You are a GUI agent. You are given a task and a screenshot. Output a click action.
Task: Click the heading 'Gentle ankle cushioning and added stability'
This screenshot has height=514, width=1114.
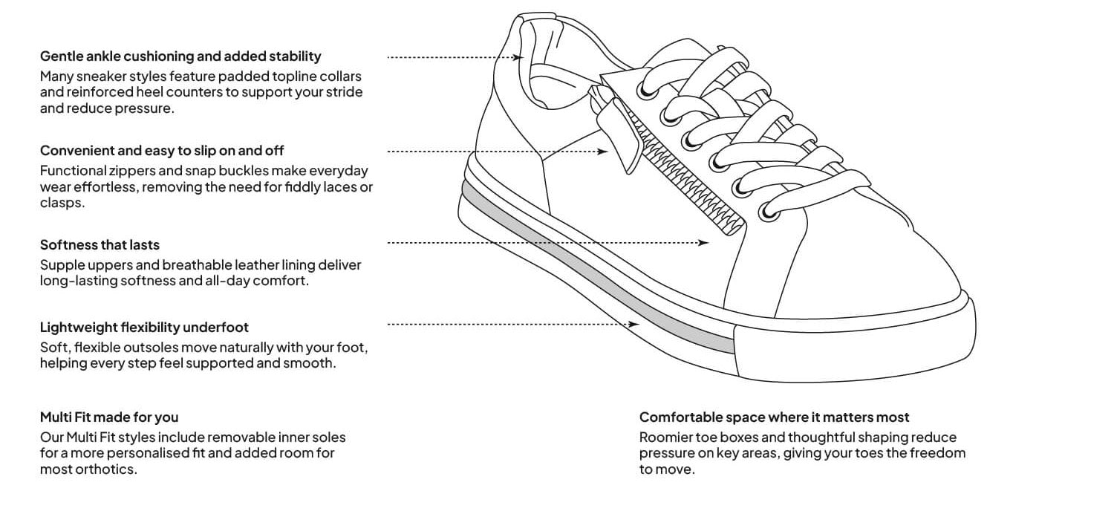coord(180,56)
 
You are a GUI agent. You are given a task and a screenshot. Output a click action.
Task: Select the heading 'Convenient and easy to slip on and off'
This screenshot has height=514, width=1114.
coord(162,150)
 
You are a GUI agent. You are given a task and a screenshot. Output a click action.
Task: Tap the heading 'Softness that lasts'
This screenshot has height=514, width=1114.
coord(100,245)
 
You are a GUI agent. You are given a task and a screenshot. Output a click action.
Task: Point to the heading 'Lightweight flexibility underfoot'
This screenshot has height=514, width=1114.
coord(144,328)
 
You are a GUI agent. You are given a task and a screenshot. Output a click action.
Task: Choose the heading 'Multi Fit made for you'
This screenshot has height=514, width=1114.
coord(109,417)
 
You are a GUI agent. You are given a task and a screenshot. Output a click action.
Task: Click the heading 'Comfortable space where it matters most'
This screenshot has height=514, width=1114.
coord(774,417)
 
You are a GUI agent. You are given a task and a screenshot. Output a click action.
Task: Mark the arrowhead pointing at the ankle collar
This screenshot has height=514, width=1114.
coord(518,57)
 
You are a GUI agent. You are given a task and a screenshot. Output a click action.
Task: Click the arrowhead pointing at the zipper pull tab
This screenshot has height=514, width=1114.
coord(602,152)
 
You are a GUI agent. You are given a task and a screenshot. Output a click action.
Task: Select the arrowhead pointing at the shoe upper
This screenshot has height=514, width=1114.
coord(703,243)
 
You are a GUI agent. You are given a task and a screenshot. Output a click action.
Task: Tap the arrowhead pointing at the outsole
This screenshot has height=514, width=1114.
coord(633,325)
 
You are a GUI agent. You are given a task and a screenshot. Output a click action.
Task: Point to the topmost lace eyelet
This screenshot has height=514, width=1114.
coord(648,91)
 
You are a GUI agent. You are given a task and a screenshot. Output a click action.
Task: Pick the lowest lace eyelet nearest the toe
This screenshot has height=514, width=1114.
coord(769,213)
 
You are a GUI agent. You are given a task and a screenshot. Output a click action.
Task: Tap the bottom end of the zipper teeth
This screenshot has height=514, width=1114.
coord(734,230)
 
